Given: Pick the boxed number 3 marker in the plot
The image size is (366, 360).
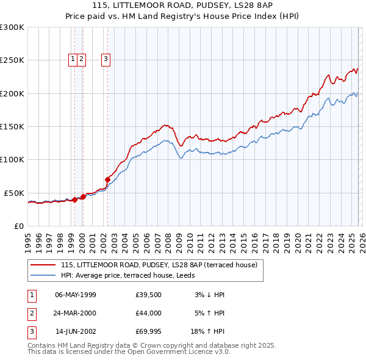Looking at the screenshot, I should click(106, 59).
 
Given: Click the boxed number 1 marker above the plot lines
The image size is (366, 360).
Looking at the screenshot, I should click(73, 59).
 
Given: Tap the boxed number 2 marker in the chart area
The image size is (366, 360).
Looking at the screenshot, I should click(82, 59).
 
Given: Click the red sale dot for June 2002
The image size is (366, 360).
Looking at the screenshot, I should click(107, 179).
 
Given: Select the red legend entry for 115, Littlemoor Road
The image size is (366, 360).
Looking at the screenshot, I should click(159, 265).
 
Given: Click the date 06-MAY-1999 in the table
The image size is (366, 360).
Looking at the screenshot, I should click(75, 295).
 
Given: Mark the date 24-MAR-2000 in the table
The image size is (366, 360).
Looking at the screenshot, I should click(75, 313).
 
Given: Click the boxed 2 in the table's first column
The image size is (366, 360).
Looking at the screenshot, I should click(30, 313).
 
